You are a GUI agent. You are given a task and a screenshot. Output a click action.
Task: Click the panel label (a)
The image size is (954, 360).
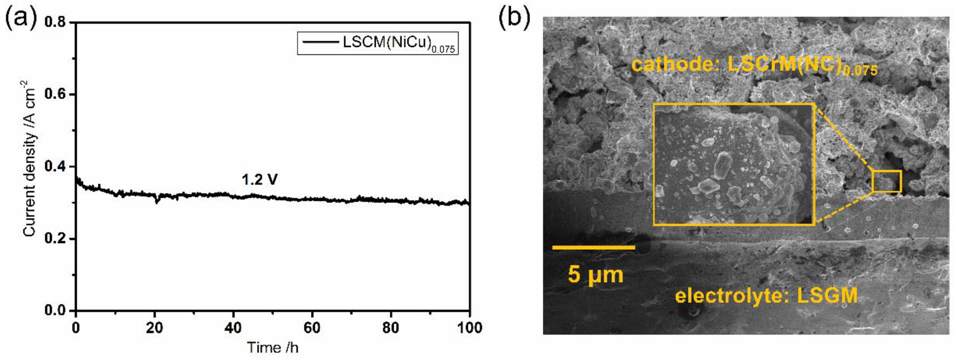click(x=21, y=18)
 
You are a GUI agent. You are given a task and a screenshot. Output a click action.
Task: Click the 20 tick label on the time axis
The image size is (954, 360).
click(x=155, y=328)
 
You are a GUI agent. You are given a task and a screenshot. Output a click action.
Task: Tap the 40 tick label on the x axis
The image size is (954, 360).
click(x=233, y=328)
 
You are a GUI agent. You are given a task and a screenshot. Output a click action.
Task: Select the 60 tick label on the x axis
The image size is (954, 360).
click(x=312, y=328)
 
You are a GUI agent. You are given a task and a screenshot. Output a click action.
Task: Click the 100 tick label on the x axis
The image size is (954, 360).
click(x=469, y=328)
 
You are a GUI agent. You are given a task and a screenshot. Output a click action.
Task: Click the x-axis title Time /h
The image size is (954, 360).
click(x=273, y=347)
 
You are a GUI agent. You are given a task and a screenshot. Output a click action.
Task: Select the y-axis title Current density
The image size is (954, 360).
click(x=30, y=159)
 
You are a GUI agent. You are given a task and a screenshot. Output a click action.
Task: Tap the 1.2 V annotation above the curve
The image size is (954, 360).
click(x=260, y=180)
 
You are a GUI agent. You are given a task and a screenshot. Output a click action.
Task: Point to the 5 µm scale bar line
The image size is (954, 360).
click(x=594, y=248)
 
